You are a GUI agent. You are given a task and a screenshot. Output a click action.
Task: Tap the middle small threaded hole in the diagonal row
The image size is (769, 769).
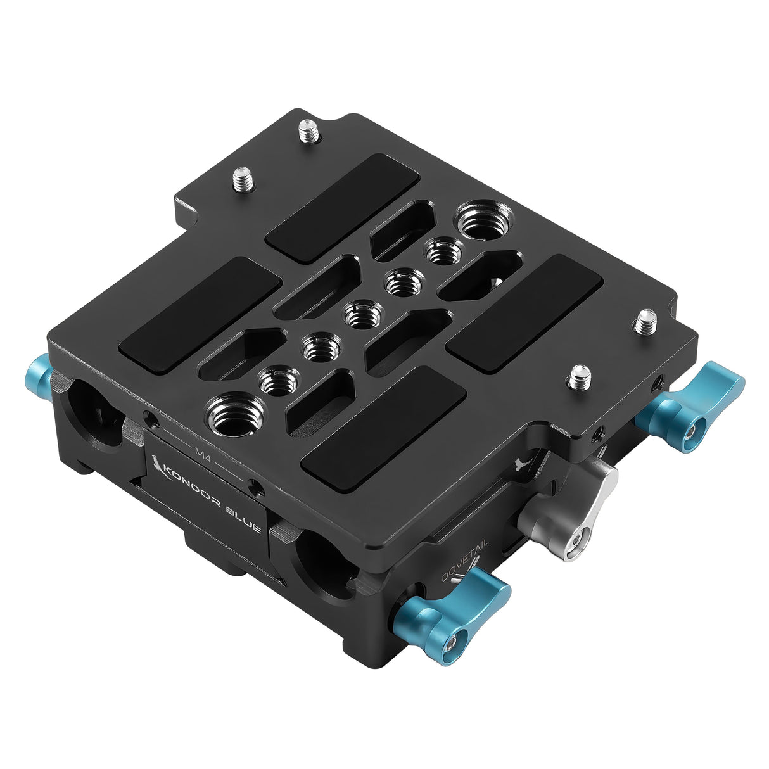click(362, 314)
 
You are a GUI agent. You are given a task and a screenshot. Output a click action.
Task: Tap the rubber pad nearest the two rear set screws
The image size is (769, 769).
click(341, 207)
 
